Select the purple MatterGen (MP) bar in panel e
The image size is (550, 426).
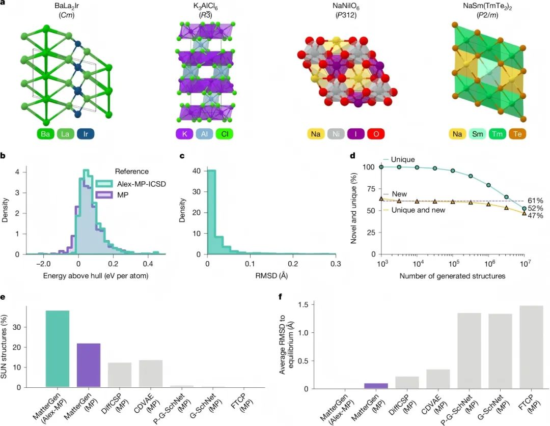[x=89, y=365]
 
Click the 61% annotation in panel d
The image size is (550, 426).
[x=534, y=201]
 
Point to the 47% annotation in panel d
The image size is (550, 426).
[x=534, y=216]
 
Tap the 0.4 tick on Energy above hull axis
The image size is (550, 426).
[x=148, y=264]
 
